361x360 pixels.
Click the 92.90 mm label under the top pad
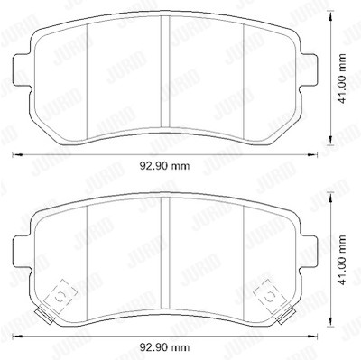[164, 166]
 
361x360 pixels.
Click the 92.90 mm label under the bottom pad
[164, 347]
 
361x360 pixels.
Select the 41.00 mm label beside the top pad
[341, 78]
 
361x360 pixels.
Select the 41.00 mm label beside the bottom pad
[341, 261]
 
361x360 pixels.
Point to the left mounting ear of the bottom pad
[22, 253]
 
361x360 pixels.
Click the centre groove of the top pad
[165, 71]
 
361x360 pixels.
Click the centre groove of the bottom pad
[165, 254]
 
